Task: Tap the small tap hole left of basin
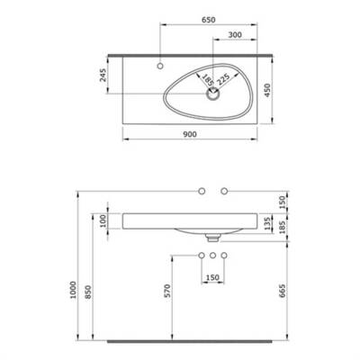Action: click(159, 66)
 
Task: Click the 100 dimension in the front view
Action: click(103, 220)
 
